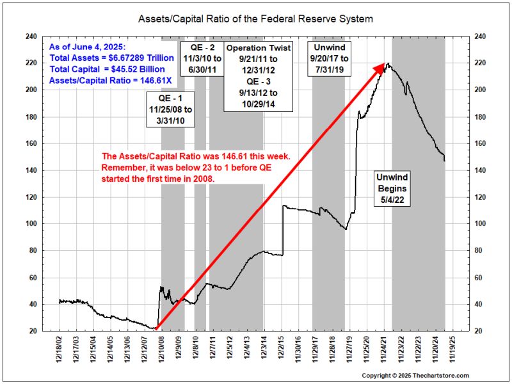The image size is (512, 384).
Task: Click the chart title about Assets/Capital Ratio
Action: click(255, 19)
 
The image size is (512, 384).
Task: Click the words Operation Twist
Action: click(259, 48)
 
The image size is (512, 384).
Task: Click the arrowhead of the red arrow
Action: click(386, 65)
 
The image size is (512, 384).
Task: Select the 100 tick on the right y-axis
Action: click(479, 224)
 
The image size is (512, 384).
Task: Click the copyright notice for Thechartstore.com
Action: click(415, 376)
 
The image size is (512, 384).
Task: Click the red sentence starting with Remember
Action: click(189, 167)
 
